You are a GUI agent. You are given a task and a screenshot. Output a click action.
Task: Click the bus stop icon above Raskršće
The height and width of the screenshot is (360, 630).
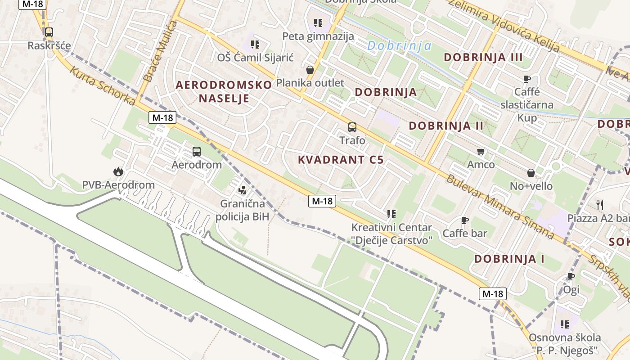(x=49, y=32)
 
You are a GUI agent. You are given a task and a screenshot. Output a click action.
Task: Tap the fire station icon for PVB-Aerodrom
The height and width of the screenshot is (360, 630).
(x=118, y=171)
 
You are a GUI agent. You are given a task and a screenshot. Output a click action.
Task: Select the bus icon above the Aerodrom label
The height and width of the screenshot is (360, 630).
(x=197, y=152)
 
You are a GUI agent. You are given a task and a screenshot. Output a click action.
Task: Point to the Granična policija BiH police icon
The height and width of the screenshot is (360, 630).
(x=243, y=190)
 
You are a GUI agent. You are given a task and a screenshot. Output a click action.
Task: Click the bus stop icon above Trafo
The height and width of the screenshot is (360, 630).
(x=352, y=127)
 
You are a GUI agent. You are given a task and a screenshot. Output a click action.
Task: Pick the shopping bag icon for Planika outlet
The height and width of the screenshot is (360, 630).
(x=310, y=70)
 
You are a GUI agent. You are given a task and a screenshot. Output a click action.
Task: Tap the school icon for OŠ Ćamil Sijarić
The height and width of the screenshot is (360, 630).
(x=255, y=45)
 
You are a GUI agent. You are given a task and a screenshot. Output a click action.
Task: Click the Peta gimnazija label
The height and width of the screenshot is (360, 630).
(x=318, y=36)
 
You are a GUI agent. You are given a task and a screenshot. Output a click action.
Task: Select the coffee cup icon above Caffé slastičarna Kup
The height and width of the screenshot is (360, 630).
(x=527, y=79)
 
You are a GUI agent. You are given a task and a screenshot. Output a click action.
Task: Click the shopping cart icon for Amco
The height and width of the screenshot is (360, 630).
(x=481, y=152)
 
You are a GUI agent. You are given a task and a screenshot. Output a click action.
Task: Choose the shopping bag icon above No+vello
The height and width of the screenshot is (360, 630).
(x=531, y=173)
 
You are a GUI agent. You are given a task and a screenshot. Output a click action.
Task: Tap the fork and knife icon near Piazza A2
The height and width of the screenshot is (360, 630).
(x=599, y=205)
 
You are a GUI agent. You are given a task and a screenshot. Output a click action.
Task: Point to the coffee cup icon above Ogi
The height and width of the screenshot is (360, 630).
(x=571, y=276)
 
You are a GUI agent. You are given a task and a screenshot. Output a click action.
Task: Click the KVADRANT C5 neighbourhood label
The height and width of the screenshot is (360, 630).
(x=341, y=160)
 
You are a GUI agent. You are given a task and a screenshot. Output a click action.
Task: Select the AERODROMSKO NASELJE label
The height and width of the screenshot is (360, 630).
(x=224, y=91)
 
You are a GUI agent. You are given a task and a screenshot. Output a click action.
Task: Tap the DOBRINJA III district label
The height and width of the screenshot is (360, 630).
(x=483, y=58)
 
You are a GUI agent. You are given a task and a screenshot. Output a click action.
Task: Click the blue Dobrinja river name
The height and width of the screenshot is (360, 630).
(x=399, y=46)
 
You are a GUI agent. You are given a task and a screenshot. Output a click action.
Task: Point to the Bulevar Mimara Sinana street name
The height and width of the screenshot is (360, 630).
(x=499, y=206)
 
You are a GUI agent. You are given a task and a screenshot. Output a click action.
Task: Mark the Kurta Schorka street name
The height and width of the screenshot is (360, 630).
(x=102, y=87)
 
